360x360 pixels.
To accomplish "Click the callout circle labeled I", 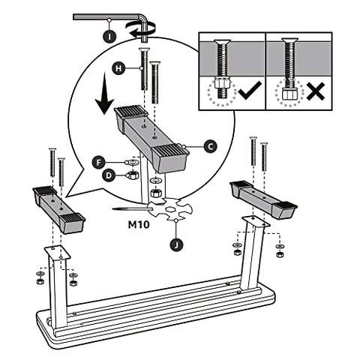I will pos(109,34).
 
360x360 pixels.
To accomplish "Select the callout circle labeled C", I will pos(210,148).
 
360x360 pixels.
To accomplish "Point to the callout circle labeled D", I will pos(109,176).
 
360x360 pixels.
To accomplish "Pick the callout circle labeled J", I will pos(175,242).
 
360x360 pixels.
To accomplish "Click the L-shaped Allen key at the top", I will pos(120,18).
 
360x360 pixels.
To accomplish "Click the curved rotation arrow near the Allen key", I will pos(142,28).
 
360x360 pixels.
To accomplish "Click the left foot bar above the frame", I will pos(58,206).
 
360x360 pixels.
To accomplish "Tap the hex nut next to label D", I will pos(132,175).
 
